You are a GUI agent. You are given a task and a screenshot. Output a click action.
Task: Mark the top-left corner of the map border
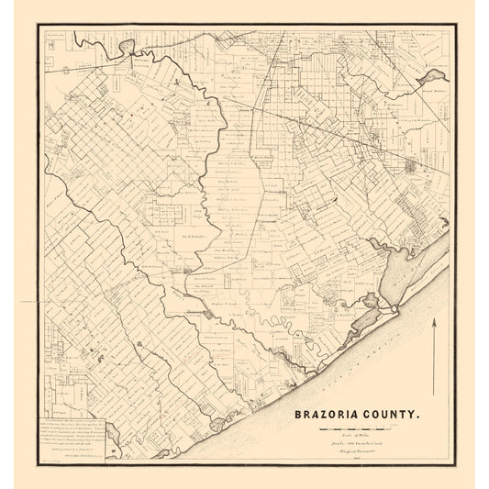pyautogui.click(x=38, y=24)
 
